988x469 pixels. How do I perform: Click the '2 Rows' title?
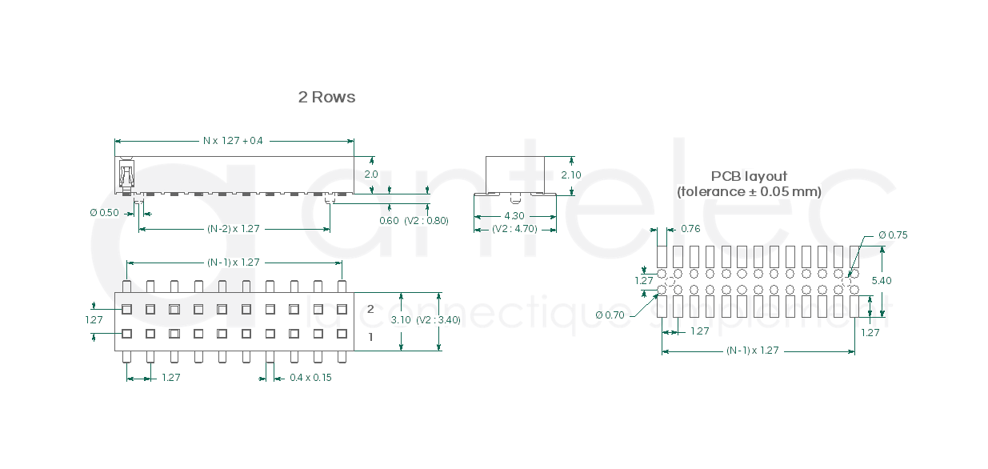[326, 97]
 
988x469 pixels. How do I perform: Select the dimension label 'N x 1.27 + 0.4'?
[233, 141]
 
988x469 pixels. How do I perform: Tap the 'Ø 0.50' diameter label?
[104, 213]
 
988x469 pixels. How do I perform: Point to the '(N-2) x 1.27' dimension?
[234, 229]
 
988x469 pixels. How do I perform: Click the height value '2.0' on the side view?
[371, 174]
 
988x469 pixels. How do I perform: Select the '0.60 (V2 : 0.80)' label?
[414, 221]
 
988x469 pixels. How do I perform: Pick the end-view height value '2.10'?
[571, 174]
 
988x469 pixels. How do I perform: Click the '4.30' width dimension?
[514, 216]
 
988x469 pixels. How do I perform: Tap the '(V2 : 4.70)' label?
[514, 229]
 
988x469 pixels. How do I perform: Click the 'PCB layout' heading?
[749, 176]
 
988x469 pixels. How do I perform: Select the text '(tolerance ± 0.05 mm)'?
[749, 192]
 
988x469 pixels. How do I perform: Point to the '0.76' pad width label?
[690, 229]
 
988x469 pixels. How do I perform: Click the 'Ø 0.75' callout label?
[893, 235]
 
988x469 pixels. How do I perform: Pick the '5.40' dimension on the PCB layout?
[881, 281]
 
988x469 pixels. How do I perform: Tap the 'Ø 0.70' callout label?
[610, 315]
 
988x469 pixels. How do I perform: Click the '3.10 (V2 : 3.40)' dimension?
[425, 320]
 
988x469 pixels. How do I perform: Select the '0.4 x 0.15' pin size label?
[310, 378]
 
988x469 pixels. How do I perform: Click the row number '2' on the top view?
[370, 309]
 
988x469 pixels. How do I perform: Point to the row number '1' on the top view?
[370, 338]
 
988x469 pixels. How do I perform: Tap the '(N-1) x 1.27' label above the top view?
[234, 263]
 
